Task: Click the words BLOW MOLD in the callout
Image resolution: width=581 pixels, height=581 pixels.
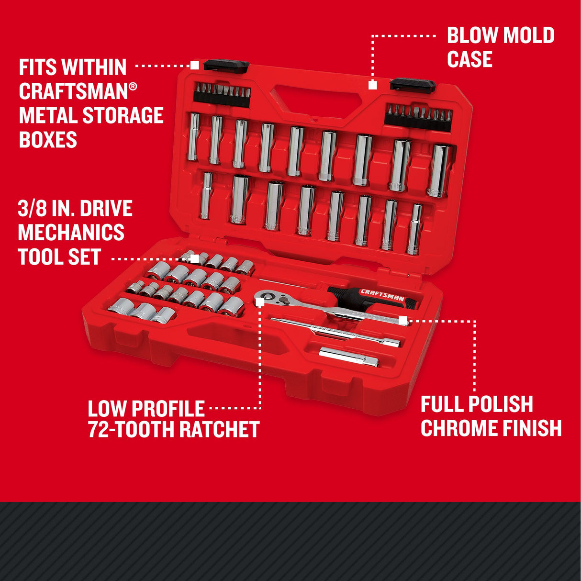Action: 501,36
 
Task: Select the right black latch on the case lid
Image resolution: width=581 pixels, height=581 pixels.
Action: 412,85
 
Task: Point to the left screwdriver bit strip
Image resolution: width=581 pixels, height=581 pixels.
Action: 222,93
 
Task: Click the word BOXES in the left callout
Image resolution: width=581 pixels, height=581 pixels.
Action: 48,140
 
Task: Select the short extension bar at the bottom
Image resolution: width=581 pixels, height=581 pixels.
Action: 348,357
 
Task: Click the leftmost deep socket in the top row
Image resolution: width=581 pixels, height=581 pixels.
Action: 194,137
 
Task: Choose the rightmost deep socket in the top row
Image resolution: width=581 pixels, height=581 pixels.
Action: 439,170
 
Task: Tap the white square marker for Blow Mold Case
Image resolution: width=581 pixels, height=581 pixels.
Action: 372,85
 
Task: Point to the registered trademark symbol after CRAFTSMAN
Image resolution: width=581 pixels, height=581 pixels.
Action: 133,86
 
